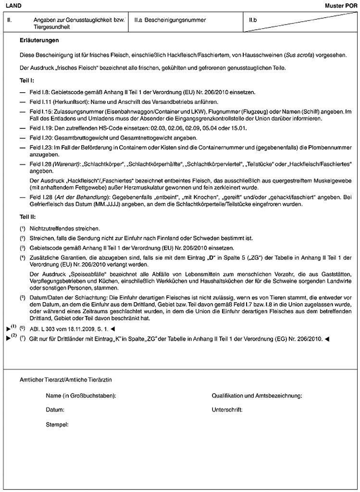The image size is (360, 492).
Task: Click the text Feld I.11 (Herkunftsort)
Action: pyautogui.click(x=60, y=102)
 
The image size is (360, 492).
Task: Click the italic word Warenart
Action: pyautogui.click(x=64, y=164)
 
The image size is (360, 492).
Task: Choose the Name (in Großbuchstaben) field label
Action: pyautogui.click(x=81, y=396)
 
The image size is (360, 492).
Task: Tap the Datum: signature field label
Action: pyautogui.click(x=55, y=411)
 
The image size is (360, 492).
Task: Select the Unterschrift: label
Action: pyautogui.click(x=227, y=411)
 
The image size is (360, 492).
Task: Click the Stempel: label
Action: pyautogui.click(x=57, y=425)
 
